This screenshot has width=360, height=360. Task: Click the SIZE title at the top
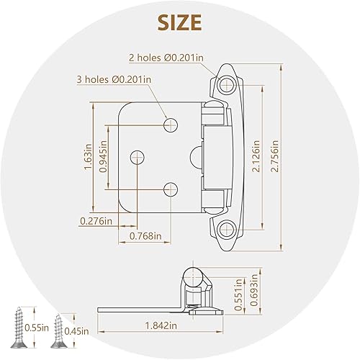180,22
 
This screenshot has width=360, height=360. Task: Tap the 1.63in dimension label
88,156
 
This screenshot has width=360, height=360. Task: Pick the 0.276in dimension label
96,220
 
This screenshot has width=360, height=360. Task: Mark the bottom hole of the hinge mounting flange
225,230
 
